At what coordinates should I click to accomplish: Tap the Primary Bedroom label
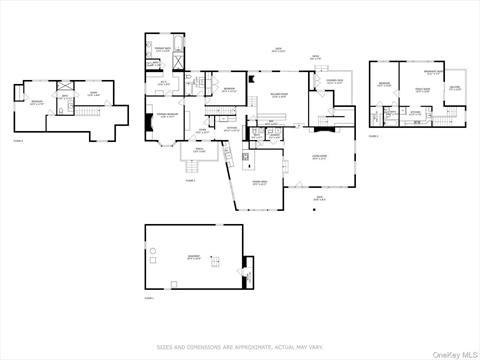coord(165,116)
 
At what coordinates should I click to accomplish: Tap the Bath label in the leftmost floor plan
coord(64,96)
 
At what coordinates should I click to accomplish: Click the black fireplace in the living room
coord(320,129)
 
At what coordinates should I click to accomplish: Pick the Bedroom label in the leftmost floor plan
coord(36,103)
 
